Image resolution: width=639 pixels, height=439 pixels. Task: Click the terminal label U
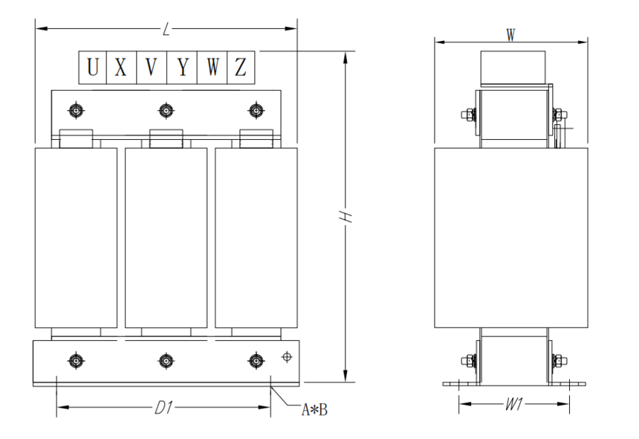[x=93, y=67]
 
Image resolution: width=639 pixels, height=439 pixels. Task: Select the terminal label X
[x=120, y=67]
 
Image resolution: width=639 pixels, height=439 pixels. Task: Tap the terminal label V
[x=152, y=67]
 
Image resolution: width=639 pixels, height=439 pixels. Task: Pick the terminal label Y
[x=183, y=67]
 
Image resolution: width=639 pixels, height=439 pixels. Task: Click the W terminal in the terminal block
[x=213, y=67]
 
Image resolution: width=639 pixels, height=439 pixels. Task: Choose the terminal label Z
[x=241, y=67]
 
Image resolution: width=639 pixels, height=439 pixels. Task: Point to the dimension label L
[x=166, y=29]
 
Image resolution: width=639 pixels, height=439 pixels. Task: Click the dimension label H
[x=346, y=217]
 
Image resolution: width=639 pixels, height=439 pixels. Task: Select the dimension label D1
[x=163, y=408]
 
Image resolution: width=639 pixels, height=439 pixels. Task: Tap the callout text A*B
[x=314, y=409]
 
